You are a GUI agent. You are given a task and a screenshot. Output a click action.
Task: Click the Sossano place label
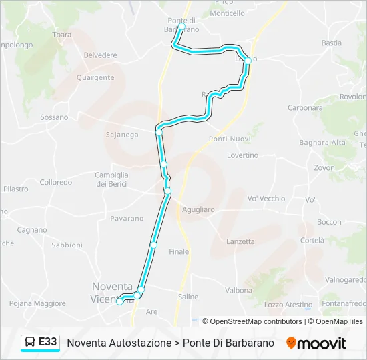54,117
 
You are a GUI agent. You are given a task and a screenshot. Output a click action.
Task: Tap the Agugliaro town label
198,209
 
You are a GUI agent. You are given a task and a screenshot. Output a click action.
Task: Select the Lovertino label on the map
242,155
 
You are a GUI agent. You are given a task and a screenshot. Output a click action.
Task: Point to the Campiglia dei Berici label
111,179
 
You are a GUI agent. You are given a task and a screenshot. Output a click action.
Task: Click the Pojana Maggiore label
38,303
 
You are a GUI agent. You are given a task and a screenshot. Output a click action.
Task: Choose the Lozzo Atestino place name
288,305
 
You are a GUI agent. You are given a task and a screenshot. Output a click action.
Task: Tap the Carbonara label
305,108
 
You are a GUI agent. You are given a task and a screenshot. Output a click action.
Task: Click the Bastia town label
331,43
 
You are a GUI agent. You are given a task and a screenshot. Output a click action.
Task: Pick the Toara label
61,34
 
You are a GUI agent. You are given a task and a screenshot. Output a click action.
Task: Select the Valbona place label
238,291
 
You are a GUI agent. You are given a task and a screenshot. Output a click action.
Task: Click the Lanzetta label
240,242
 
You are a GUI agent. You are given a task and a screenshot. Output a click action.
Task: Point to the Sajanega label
122,135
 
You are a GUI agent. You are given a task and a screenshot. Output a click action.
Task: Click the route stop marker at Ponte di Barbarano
181,27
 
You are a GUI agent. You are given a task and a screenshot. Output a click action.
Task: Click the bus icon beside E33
30,342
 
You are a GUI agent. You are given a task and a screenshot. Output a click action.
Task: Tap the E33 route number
47,342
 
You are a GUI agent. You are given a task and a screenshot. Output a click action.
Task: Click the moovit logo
316,343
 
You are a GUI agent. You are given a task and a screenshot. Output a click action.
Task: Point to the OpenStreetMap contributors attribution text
256,321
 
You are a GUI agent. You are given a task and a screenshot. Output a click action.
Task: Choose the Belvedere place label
101,55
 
